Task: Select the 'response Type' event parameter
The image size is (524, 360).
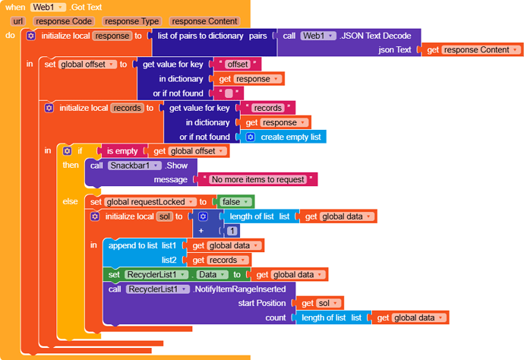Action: point(132,21)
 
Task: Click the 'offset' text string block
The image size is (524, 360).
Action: point(237,64)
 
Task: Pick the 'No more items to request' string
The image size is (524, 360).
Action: point(259,180)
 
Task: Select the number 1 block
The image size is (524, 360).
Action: point(232,231)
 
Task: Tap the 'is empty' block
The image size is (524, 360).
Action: point(122,151)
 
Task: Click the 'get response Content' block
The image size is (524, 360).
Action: point(472,49)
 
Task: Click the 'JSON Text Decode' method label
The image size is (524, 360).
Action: point(376,35)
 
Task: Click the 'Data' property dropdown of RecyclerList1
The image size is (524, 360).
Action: point(212,274)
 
